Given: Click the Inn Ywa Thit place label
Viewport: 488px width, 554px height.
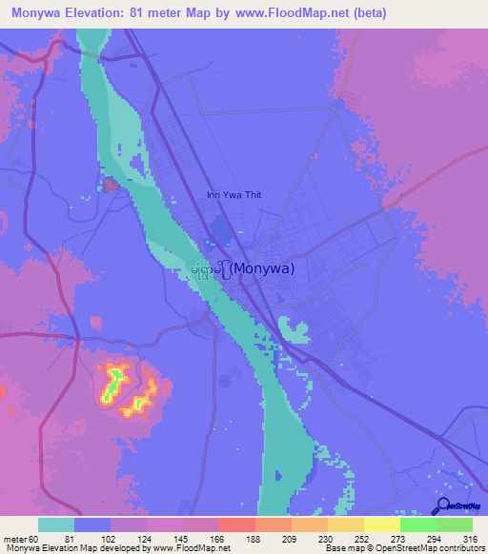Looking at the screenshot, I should pos(234,195).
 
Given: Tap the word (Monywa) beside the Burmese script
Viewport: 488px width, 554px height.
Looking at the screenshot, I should pos(264,268).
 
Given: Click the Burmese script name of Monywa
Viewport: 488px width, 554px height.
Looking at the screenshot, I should pos(213,268).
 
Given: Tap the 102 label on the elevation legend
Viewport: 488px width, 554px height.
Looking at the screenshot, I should pos(110,540).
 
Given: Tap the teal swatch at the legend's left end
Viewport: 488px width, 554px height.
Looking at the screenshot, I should pos(55,524).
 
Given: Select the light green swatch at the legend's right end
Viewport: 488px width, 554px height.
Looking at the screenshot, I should pos(454,524).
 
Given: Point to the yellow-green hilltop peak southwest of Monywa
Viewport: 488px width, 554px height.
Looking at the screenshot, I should pos(113,379).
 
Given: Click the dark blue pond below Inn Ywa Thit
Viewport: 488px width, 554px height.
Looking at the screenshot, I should pos(223,229).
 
